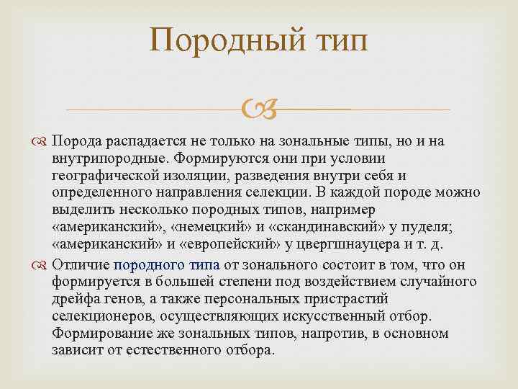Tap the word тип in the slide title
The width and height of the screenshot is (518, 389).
pyautogui.click(x=337, y=41)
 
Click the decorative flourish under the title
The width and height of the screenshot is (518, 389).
pyautogui.click(x=258, y=109)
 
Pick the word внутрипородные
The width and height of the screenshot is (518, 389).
pyautogui.click(x=101, y=158)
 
